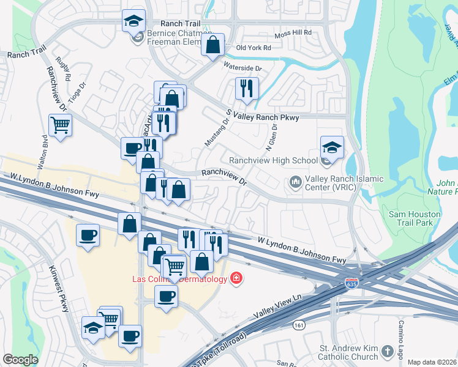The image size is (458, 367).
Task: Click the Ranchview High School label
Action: pyautogui.click(x=273, y=161)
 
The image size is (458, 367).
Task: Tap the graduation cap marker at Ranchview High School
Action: pyautogui.click(x=332, y=147)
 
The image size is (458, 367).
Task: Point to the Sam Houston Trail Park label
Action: pyautogui.click(x=419, y=219)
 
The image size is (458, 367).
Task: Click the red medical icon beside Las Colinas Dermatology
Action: pyautogui.click(x=236, y=280)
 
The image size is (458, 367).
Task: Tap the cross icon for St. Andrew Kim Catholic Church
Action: pyautogui.click(x=386, y=351)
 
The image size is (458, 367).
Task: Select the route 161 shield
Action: pyautogui.click(x=298, y=324)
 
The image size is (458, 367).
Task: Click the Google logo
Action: pyautogui.click(x=20, y=360)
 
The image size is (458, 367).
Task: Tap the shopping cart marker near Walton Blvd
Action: pyautogui.click(x=60, y=125)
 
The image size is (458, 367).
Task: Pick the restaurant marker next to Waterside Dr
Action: pyautogui.click(x=247, y=88)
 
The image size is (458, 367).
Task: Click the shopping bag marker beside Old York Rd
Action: pyautogui.click(x=212, y=45)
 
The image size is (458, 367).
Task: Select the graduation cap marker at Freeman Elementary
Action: pyautogui.click(x=133, y=22)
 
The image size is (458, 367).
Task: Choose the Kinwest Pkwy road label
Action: pyautogui.click(x=59, y=290)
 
